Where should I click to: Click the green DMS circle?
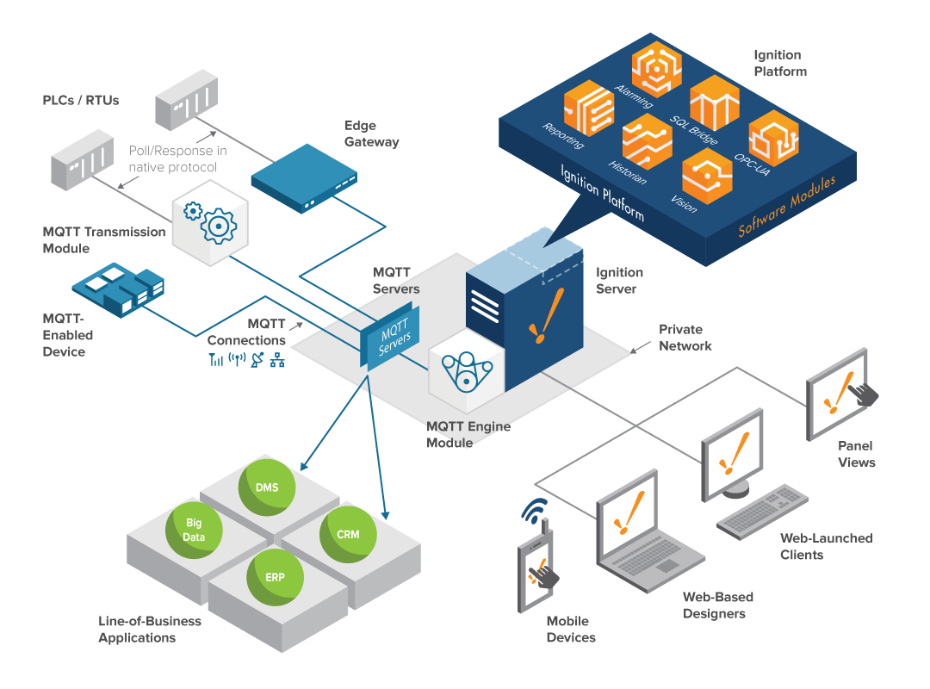click(267, 487)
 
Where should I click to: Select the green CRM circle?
click(348, 534)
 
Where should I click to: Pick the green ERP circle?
click(275, 577)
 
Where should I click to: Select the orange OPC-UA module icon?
click(773, 139)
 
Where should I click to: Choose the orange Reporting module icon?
click(589, 108)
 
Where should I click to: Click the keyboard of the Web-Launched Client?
click(762, 509)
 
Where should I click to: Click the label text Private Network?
click(685, 338)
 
